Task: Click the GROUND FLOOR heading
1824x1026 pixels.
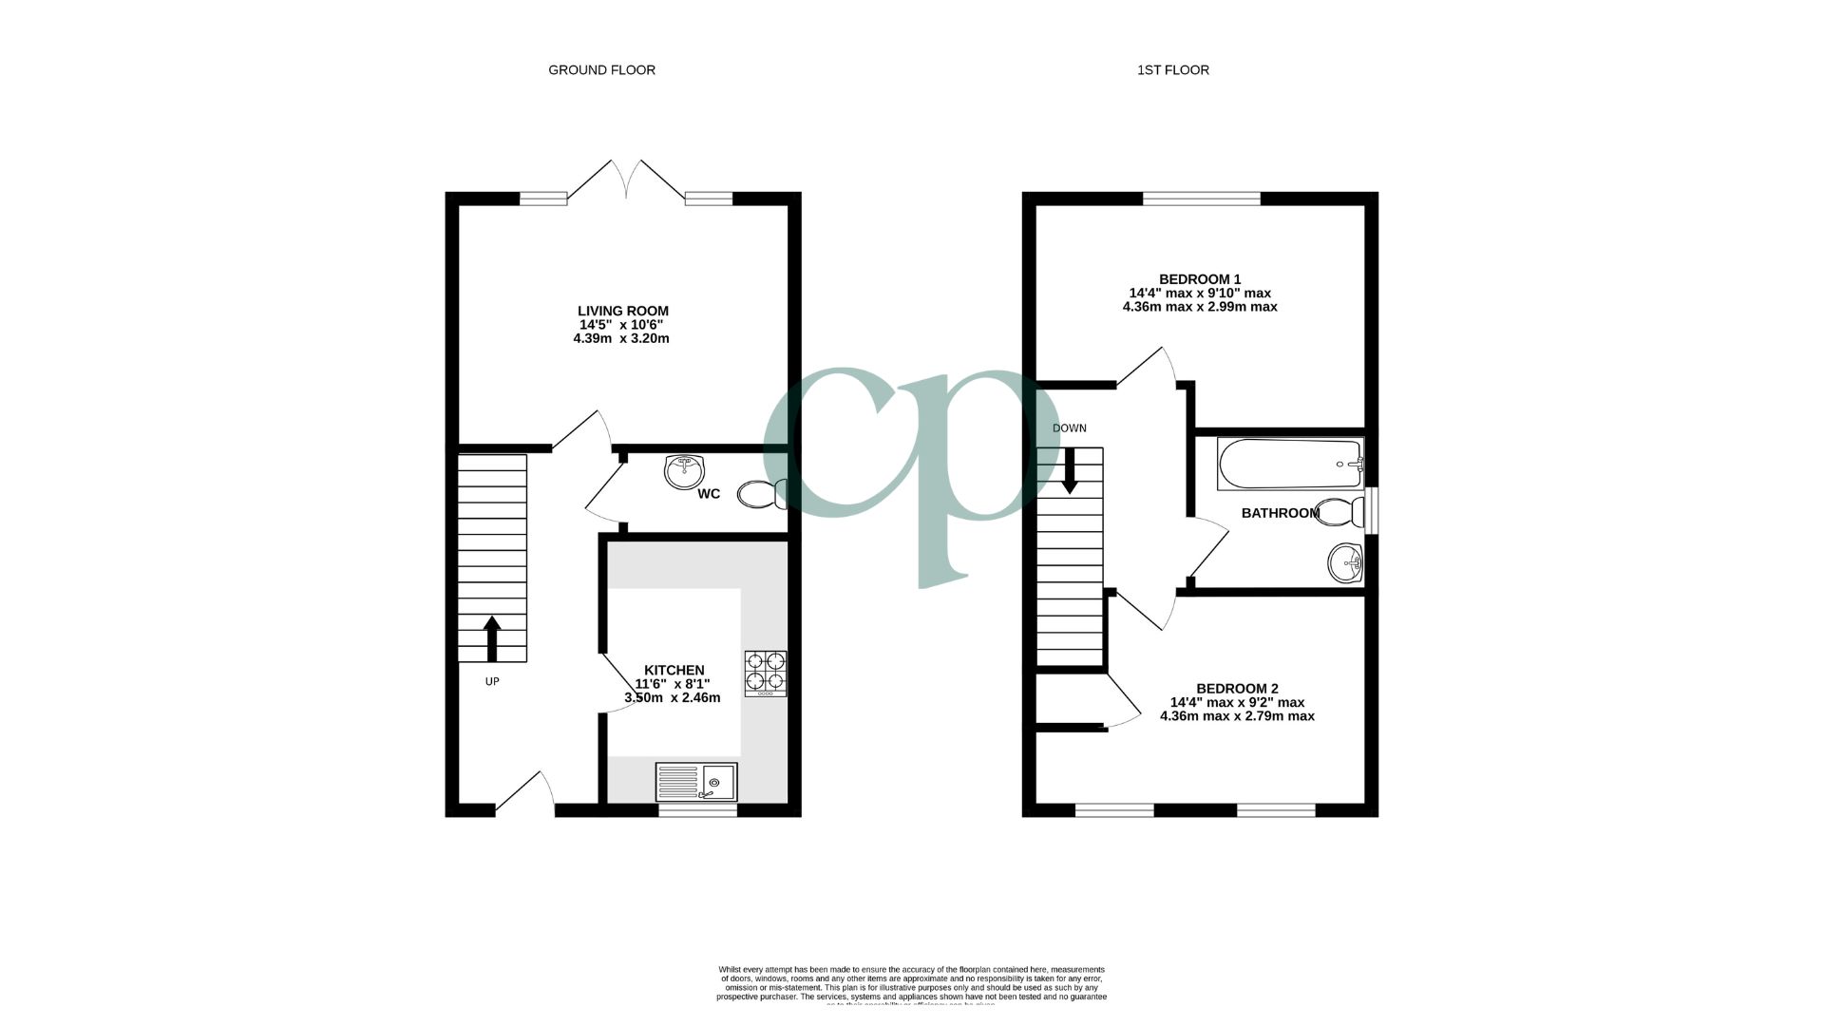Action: [601, 69]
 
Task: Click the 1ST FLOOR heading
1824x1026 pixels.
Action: [1172, 69]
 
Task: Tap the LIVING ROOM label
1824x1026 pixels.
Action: [622, 311]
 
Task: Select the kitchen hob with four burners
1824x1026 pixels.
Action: [765, 672]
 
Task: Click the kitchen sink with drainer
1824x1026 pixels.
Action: [696, 782]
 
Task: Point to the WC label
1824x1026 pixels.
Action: [709, 494]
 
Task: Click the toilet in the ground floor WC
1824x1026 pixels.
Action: [762, 494]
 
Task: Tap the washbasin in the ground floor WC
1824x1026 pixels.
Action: [685, 471]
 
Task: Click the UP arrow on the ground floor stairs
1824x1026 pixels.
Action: [492, 637]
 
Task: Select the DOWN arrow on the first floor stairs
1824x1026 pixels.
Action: [1070, 470]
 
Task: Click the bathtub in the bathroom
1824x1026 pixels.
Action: [1290, 464]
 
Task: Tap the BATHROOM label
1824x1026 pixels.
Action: [1280, 513]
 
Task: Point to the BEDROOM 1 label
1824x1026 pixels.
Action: [1199, 279]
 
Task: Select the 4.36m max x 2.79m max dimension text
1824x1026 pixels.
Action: [1237, 716]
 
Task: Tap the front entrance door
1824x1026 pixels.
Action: [525, 794]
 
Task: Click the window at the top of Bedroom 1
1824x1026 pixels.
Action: [1201, 199]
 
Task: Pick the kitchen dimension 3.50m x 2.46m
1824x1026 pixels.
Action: [672, 697]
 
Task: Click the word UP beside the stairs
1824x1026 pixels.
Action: [492, 681]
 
